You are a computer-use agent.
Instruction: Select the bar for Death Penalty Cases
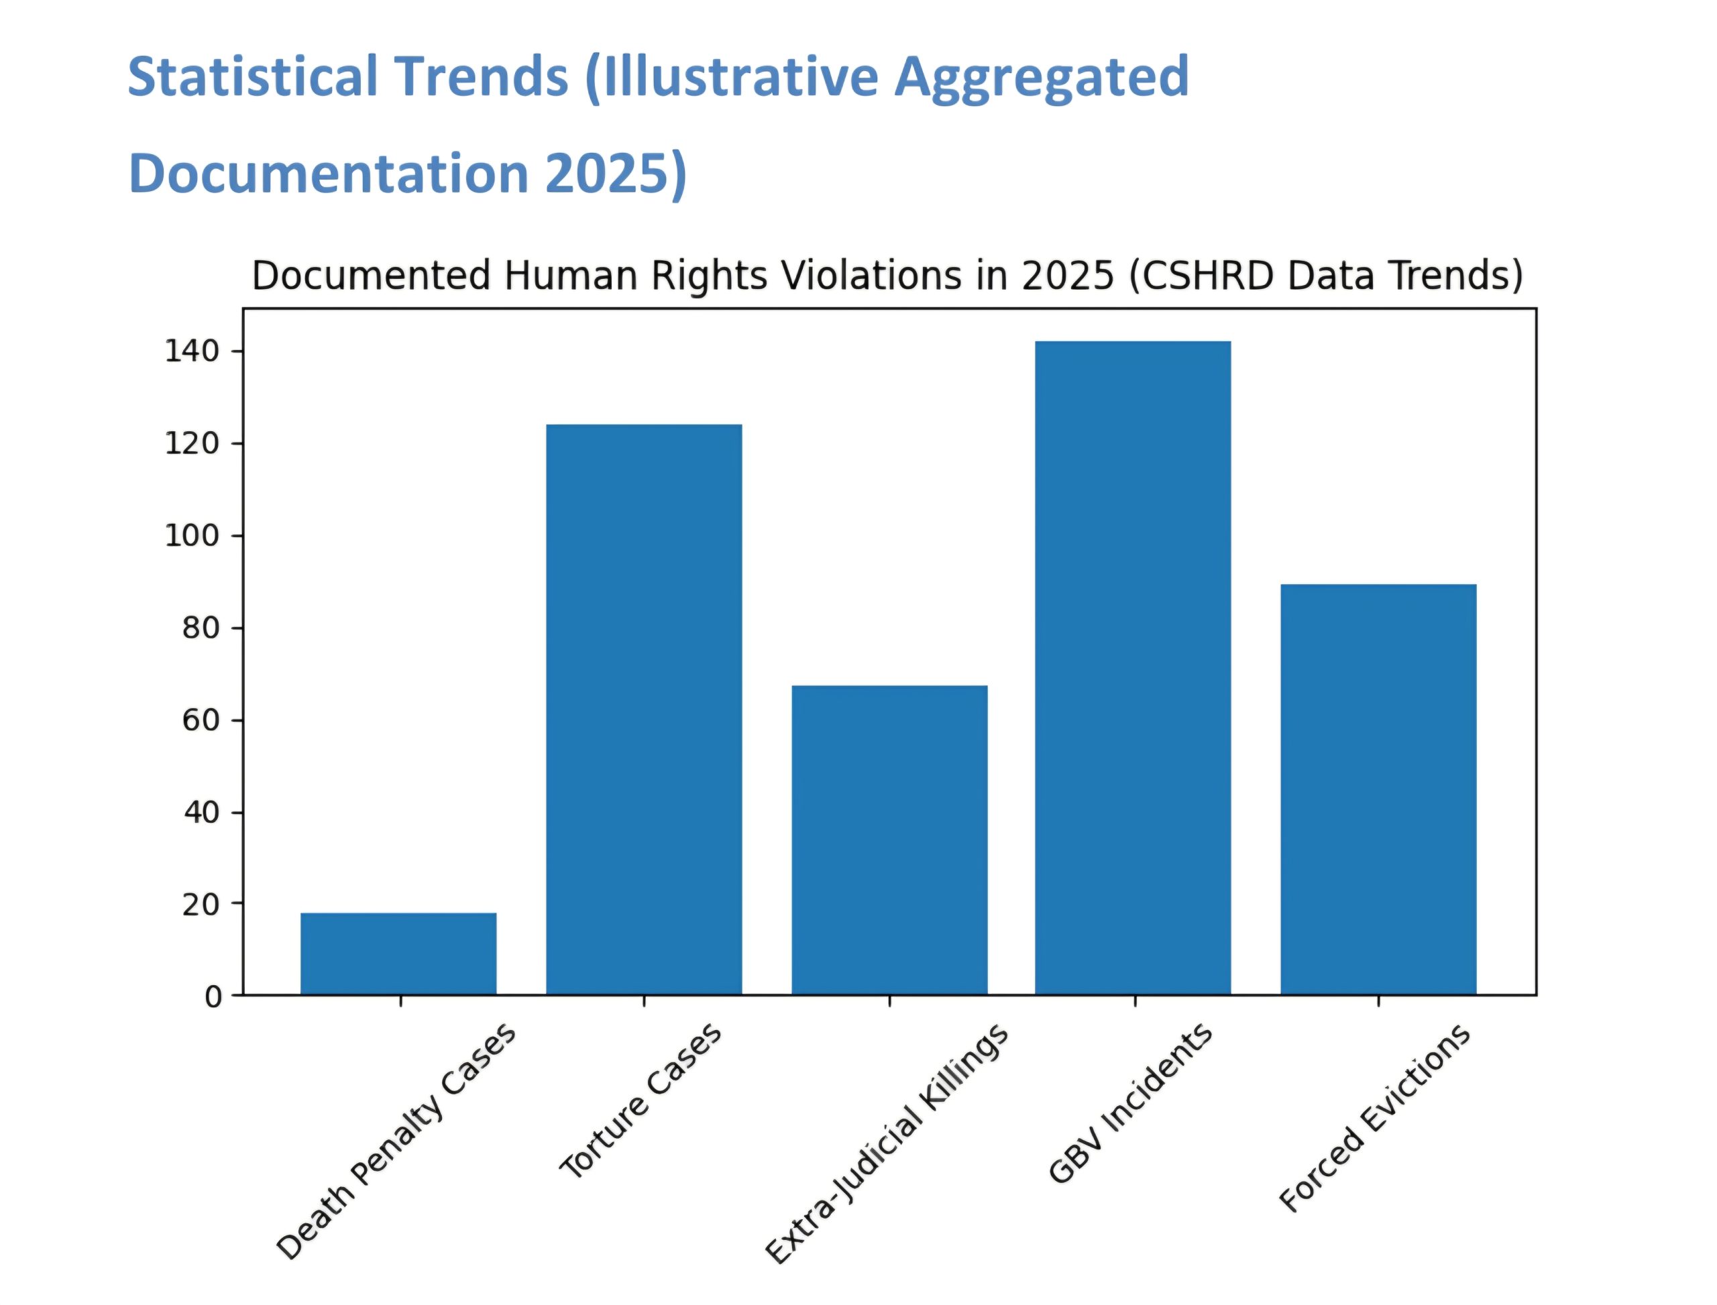(398, 953)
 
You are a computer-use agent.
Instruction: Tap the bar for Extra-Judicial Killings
(889, 839)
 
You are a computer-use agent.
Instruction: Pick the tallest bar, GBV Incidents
(1133, 667)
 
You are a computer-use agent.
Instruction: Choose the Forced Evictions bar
(1378, 789)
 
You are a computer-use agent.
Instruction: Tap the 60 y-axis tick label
(201, 720)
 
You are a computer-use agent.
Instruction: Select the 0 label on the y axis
(213, 997)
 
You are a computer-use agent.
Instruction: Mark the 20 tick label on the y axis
(201, 904)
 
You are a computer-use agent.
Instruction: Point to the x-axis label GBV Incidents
(1130, 1103)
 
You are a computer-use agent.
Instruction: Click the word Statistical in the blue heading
(252, 76)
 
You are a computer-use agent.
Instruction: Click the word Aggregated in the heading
(1042, 78)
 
